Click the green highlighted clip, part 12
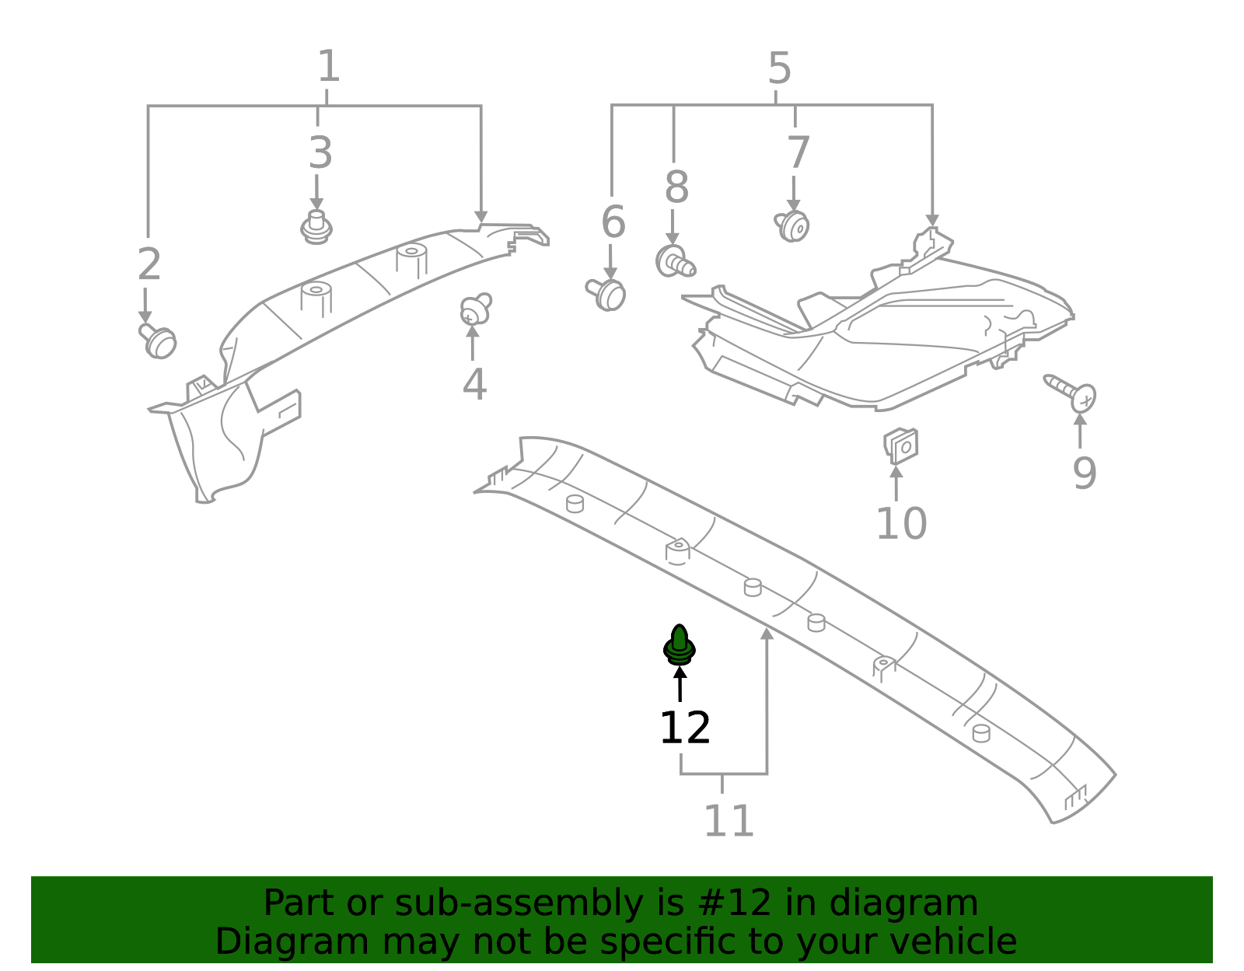pyautogui.click(x=679, y=645)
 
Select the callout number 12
pyautogui.click(x=684, y=728)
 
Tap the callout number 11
pyautogui.click(x=729, y=822)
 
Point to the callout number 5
pyautogui.click(x=779, y=69)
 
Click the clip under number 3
pyautogui.click(x=316, y=227)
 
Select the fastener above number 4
pyautogui.click(x=474, y=309)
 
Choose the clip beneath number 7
pyautogui.click(x=792, y=226)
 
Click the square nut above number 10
pyautogui.click(x=901, y=446)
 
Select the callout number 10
pyautogui.click(x=901, y=524)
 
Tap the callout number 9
pyautogui.click(x=1084, y=473)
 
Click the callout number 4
pyautogui.click(x=474, y=385)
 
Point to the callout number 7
pyautogui.click(x=798, y=153)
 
